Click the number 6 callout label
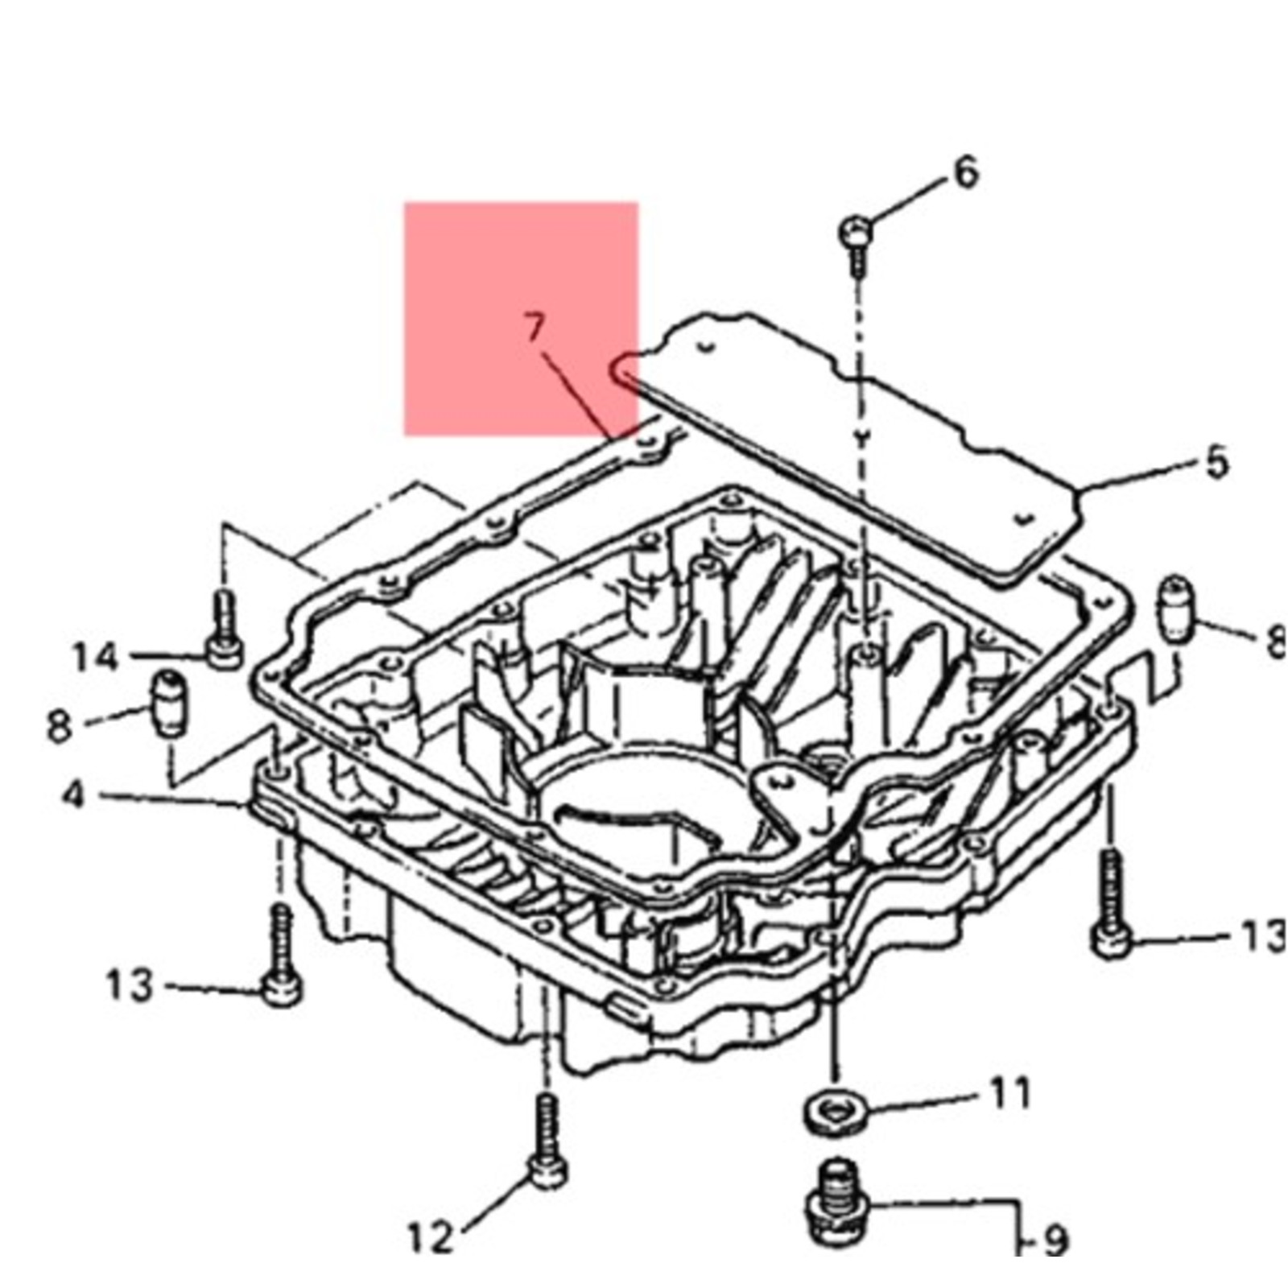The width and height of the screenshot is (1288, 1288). coord(964,172)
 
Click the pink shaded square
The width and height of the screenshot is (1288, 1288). coord(521,319)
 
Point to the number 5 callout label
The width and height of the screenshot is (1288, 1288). coord(1216,463)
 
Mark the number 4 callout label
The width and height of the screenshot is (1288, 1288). coord(72,795)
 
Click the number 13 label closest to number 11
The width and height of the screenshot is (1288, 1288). coord(1261,937)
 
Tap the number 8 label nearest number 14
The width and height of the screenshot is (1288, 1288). coord(59,726)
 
